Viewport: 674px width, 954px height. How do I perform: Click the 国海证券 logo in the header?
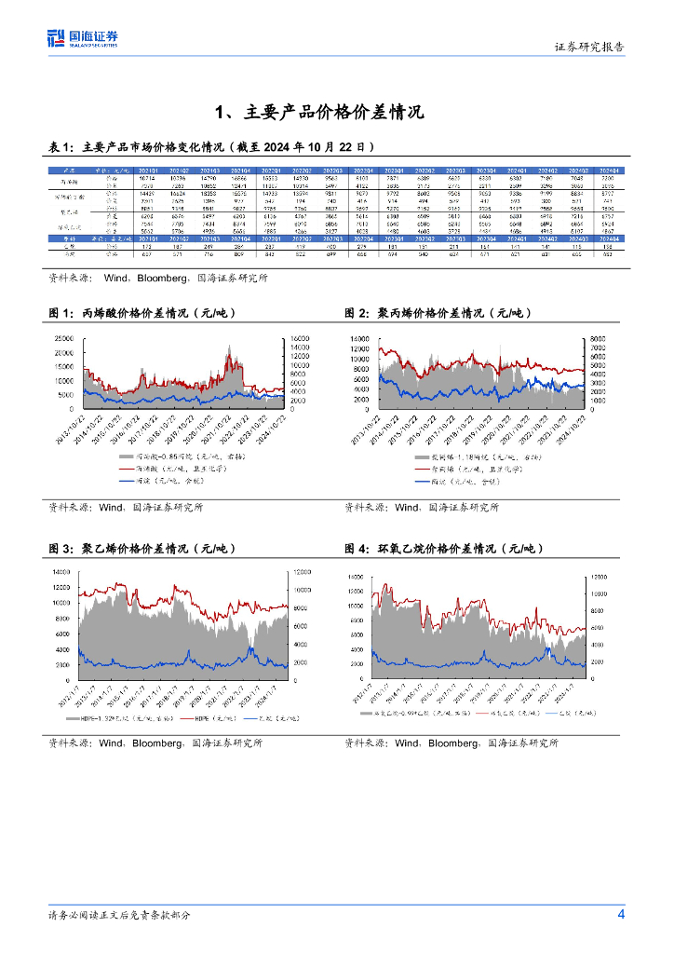click(x=82, y=38)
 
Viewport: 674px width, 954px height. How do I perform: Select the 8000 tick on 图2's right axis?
click(x=601, y=337)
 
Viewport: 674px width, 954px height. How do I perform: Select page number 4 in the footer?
click(x=621, y=914)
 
